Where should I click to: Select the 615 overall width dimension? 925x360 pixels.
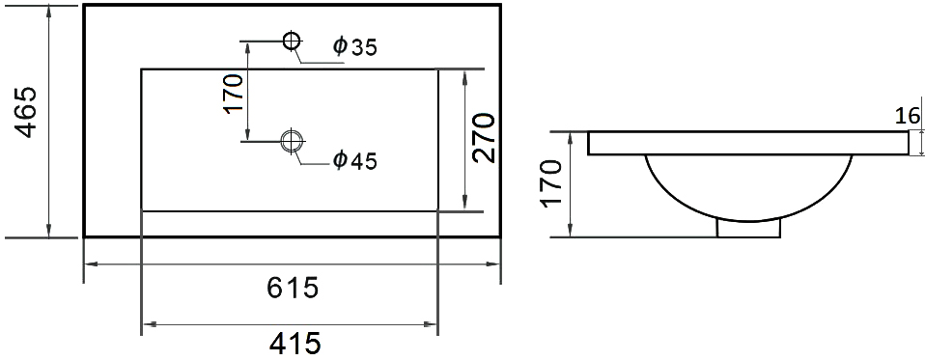pyautogui.click(x=291, y=288)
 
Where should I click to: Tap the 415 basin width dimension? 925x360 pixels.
pyautogui.click(x=291, y=343)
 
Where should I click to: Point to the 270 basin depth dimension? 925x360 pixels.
pyautogui.click(x=486, y=136)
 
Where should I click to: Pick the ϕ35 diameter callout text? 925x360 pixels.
pyautogui.click(x=354, y=46)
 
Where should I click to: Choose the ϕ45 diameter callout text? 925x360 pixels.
pyautogui.click(x=354, y=160)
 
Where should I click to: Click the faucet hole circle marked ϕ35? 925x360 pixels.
pyautogui.click(x=291, y=41)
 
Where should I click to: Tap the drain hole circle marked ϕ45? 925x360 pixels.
pyautogui.click(x=291, y=141)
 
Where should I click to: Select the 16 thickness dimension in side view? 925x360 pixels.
pyautogui.click(x=907, y=117)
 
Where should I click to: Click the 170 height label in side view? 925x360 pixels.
pyautogui.click(x=550, y=183)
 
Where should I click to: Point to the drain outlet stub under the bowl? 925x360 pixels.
pyautogui.click(x=748, y=227)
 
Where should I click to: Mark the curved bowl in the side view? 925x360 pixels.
pyautogui.click(x=748, y=188)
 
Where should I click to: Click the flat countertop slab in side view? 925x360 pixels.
pyautogui.click(x=748, y=143)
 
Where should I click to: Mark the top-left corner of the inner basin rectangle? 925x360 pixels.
pyautogui.click(x=142, y=69)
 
